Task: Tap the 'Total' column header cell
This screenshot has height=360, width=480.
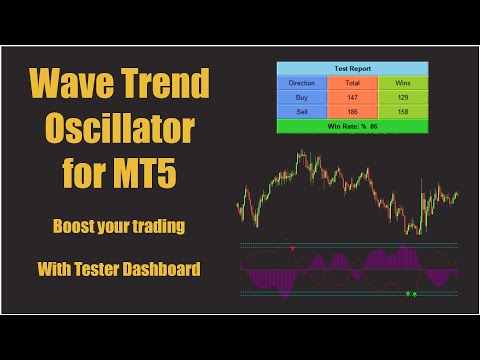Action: click(x=351, y=83)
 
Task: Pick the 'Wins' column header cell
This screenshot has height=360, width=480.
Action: click(x=402, y=83)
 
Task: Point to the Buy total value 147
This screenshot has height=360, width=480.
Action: click(x=351, y=97)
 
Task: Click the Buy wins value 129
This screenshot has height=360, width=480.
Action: click(x=402, y=97)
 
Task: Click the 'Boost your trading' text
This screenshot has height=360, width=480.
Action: click(x=120, y=227)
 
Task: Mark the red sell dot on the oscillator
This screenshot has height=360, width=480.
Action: click(x=292, y=246)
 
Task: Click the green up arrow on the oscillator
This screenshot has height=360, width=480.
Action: click(x=415, y=294)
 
